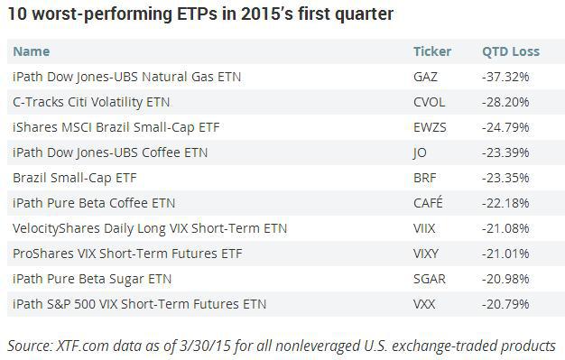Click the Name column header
coord(32,51)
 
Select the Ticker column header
coord(432,51)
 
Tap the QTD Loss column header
coord(511,51)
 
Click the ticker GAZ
coord(425,77)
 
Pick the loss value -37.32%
coord(505,77)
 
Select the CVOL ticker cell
coord(429,102)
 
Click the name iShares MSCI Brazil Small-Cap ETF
coord(116,127)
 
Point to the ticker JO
coord(420,152)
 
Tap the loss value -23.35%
coord(505,178)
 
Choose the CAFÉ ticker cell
coord(428,202)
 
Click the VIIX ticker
coord(424,228)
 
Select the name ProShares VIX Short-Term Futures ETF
coord(127,254)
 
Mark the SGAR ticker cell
coord(429,279)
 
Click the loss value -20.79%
coord(505,304)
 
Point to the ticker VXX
coord(424,304)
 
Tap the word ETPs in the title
coord(198,14)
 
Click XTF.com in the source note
coord(82,346)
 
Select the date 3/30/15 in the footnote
coord(204,346)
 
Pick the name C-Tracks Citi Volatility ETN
coord(91,102)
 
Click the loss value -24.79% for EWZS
coord(505,127)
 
